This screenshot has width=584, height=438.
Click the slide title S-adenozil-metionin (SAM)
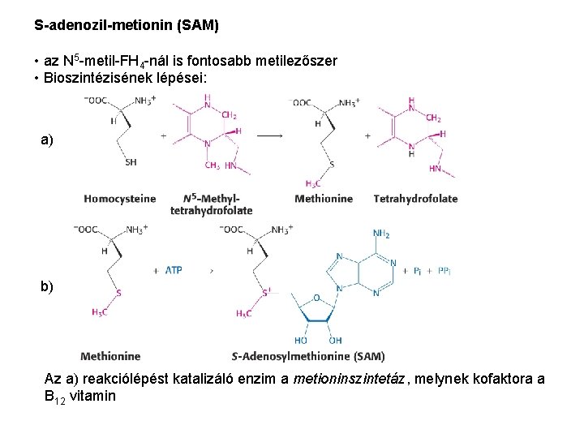tap(127, 26)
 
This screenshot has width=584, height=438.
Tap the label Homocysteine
tap(119, 199)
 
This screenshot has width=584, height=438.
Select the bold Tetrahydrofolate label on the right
tap(415, 199)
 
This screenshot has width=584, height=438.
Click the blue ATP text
tap(174, 270)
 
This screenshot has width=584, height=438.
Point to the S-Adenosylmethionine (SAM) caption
tap(308, 356)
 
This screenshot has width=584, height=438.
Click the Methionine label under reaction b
tap(110, 356)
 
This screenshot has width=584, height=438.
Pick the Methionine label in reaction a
tap(324, 199)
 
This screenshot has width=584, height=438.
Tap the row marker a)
tap(47, 140)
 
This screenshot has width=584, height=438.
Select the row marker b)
tap(47, 286)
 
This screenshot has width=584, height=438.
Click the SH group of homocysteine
tap(131, 162)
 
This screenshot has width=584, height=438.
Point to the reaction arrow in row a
tap(270, 136)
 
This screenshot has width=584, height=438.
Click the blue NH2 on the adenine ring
tap(381, 234)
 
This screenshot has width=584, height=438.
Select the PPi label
tap(444, 271)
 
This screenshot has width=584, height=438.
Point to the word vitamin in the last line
tap(93, 397)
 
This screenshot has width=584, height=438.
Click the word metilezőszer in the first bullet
tap(298, 62)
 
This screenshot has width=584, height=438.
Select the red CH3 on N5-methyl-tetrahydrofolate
tap(212, 166)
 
